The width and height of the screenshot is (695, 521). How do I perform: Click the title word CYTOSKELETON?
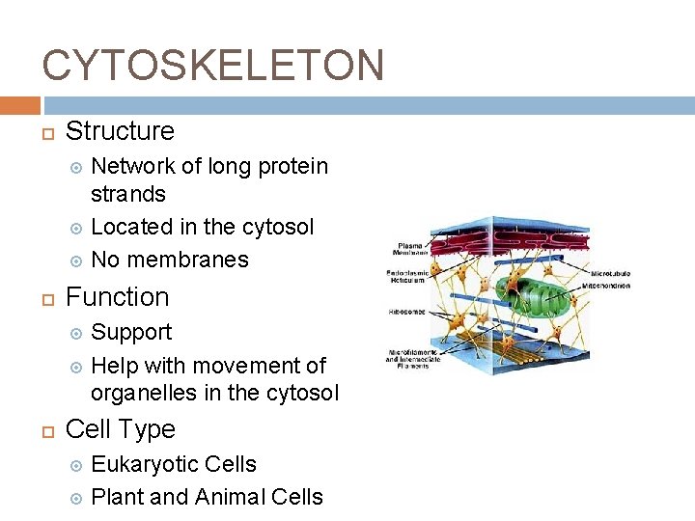coord(213,66)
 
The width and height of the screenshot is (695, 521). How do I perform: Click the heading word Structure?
coord(120,131)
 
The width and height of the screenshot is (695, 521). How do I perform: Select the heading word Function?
coord(117,297)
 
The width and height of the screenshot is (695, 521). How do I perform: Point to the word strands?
coord(128,194)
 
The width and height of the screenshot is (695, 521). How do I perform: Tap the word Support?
coord(131,333)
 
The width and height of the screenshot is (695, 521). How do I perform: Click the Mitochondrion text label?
coord(607,286)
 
